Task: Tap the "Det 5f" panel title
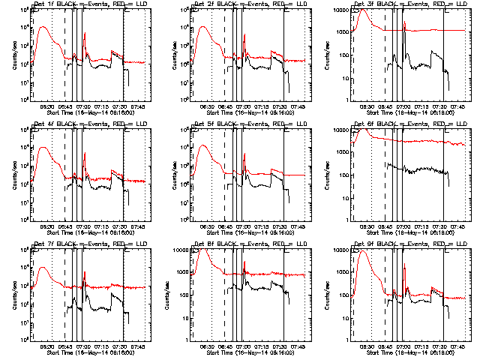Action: pos(205,124)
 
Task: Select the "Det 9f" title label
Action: pos(365,244)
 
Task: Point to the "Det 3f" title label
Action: pos(365,4)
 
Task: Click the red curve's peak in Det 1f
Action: pos(43,27)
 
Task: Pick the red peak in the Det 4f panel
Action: pos(43,147)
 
